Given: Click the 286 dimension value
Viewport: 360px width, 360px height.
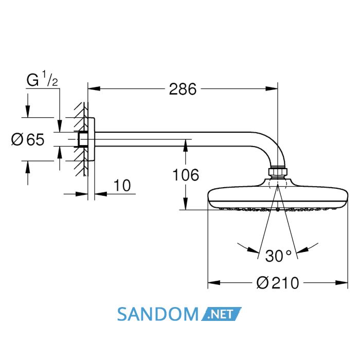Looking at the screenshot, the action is tap(183, 89).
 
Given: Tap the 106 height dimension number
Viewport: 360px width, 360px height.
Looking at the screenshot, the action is tap(186, 175).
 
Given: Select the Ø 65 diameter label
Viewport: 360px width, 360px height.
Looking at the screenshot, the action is tap(28, 139).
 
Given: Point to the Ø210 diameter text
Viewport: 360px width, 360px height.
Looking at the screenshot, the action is tap(278, 283).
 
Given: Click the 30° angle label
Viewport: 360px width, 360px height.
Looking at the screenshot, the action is tap(279, 256).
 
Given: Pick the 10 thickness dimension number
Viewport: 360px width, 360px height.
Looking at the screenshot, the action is tap(122, 185).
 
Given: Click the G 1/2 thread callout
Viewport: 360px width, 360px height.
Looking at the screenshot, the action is tap(42, 79).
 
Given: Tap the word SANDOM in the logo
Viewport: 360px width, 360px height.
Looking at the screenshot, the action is tap(157, 314).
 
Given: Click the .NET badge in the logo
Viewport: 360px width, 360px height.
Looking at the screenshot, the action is tap(221, 314).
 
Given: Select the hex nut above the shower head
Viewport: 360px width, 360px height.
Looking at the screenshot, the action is tap(278, 171).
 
